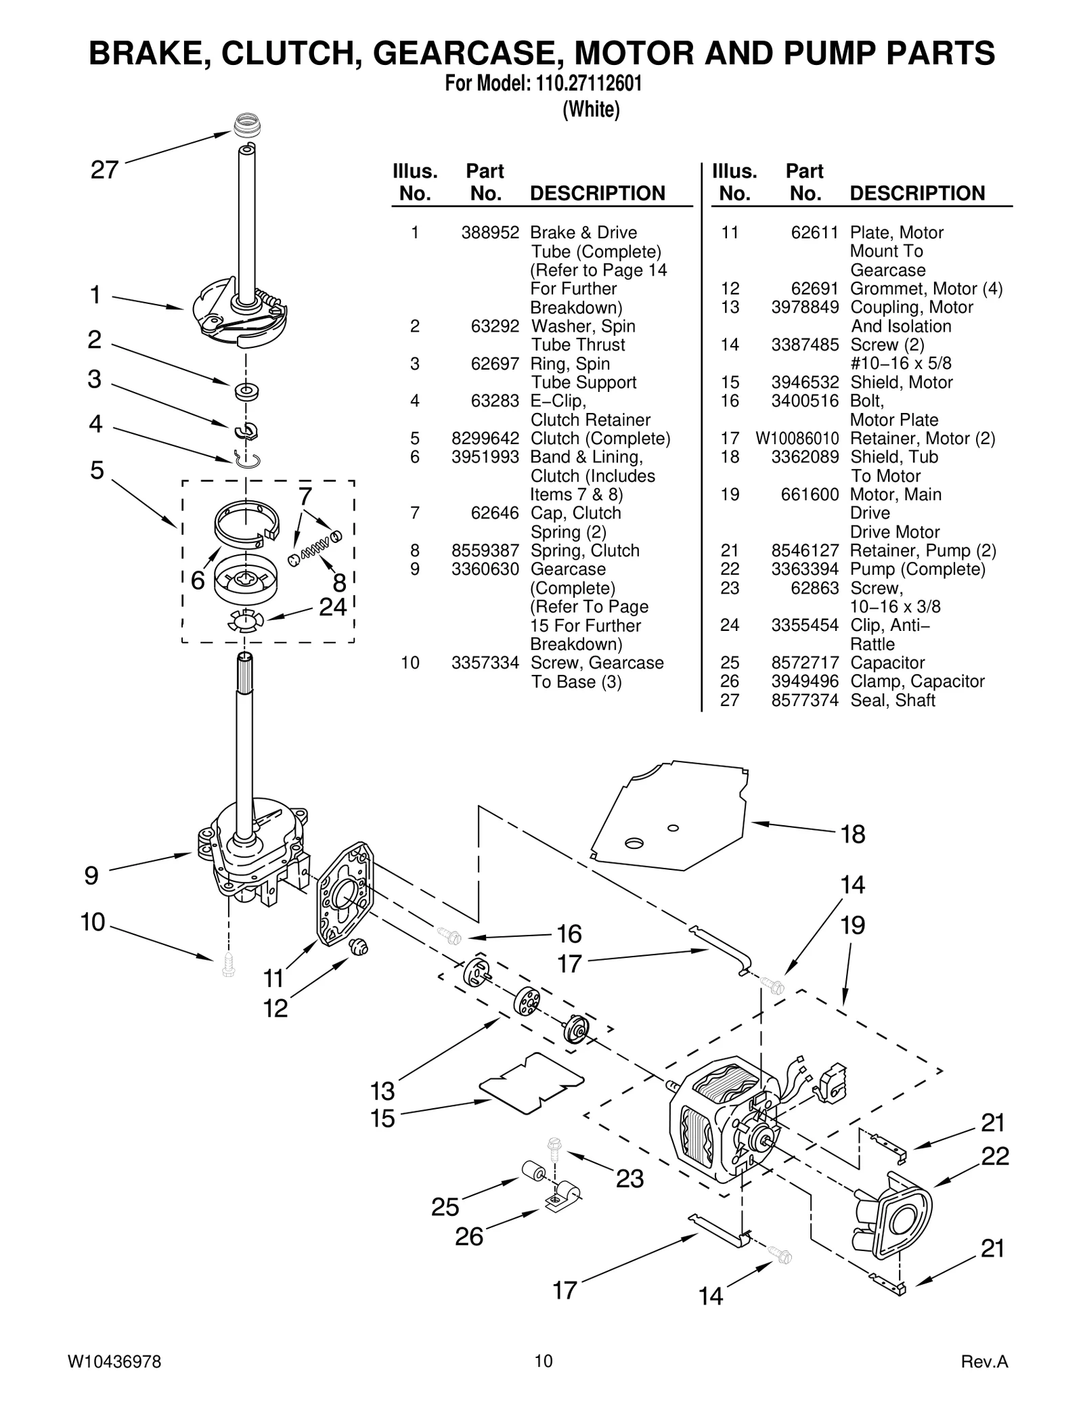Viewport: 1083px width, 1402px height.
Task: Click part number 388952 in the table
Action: point(490,233)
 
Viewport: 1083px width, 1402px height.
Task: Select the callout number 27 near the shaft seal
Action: point(105,170)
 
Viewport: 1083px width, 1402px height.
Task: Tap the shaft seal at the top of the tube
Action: point(247,127)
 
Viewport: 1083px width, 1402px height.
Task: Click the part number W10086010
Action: point(797,439)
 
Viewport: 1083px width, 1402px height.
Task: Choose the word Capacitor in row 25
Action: point(887,663)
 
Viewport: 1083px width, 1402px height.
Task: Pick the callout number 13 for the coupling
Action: point(382,1091)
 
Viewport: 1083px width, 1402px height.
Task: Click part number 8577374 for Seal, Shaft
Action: point(805,701)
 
